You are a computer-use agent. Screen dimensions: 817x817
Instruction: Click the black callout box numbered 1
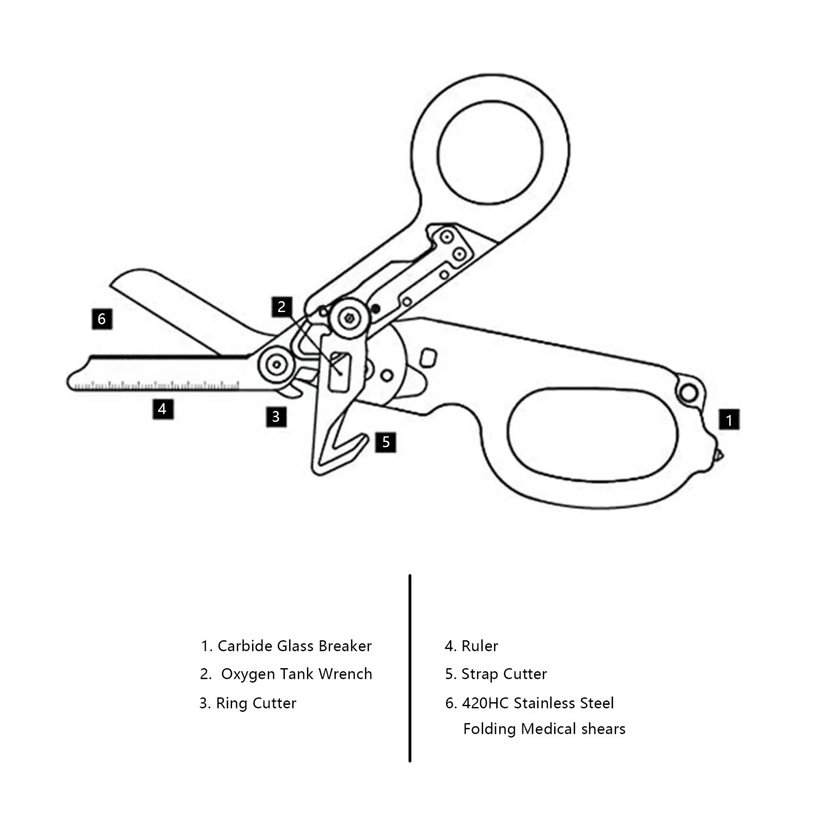(729, 420)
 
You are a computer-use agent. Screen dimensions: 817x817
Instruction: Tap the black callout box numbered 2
(282, 307)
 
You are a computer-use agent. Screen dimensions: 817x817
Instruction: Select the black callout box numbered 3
(276, 417)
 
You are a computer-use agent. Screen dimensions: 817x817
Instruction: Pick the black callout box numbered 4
(162, 408)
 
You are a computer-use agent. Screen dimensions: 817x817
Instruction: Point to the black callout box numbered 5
(386, 442)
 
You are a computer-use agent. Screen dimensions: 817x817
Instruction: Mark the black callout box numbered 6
(102, 319)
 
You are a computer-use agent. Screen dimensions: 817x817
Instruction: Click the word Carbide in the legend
(245, 646)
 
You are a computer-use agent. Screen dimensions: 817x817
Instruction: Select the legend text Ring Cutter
(255, 703)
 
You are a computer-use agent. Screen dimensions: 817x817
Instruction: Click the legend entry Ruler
(479, 646)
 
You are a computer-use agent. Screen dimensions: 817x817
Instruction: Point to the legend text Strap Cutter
(504, 674)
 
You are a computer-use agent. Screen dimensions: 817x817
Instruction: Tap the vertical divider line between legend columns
(410, 667)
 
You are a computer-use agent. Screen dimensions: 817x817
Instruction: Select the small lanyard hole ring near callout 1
(688, 392)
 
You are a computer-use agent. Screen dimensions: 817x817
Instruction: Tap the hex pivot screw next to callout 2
(348, 319)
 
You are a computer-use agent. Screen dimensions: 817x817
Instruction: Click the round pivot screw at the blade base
(277, 364)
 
